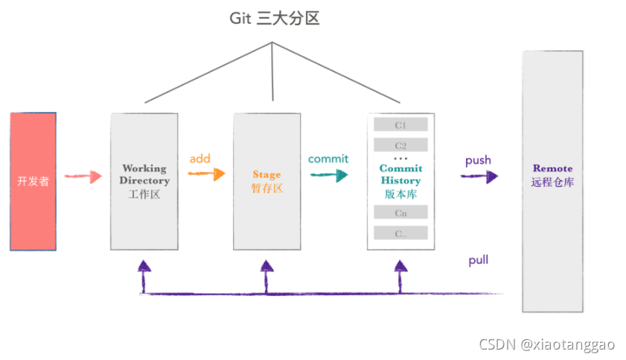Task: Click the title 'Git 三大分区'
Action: (274, 19)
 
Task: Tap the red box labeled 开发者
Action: (33, 181)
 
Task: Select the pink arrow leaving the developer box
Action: (83, 176)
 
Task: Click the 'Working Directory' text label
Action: (144, 174)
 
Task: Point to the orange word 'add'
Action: (200, 158)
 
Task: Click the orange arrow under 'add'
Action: (206, 174)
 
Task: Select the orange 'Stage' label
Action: (266, 174)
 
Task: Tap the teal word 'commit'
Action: (328, 159)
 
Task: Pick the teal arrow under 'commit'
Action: (329, 175)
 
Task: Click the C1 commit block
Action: (400, 125)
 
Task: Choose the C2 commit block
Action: (400, 145)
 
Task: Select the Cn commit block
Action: (400, 212)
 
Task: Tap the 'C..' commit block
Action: (400, 233)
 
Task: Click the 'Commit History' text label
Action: (400, 174)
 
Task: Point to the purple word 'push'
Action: (478, 161)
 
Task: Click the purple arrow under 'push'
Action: (479, 176)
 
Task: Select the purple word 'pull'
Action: (479, 260)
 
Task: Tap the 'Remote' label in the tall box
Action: (552, 168)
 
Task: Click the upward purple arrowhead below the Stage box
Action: (266, 266)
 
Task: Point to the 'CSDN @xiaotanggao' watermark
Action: (547, 344)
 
